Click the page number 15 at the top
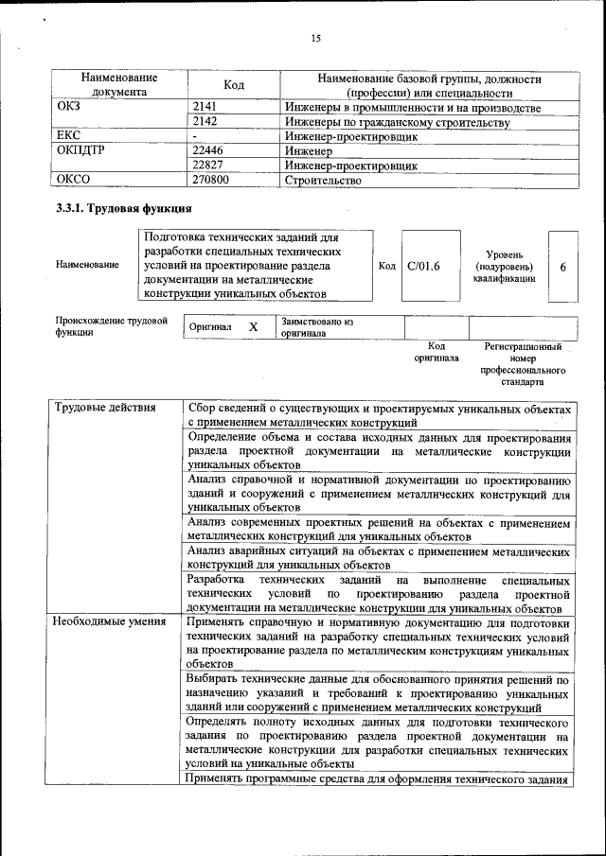pos(316,39)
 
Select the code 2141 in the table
pos(205,108)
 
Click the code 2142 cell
pos(205,122)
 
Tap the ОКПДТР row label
pos(80,150)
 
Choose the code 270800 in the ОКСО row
pos(210,180)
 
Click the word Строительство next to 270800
pos(323,180)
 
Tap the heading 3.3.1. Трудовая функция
pos(124,208)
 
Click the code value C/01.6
pos(423,267)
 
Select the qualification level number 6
pos(562,267)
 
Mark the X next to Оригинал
pos(253,327)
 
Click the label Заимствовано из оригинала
pos(316,327)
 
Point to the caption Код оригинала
pos(436,352)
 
